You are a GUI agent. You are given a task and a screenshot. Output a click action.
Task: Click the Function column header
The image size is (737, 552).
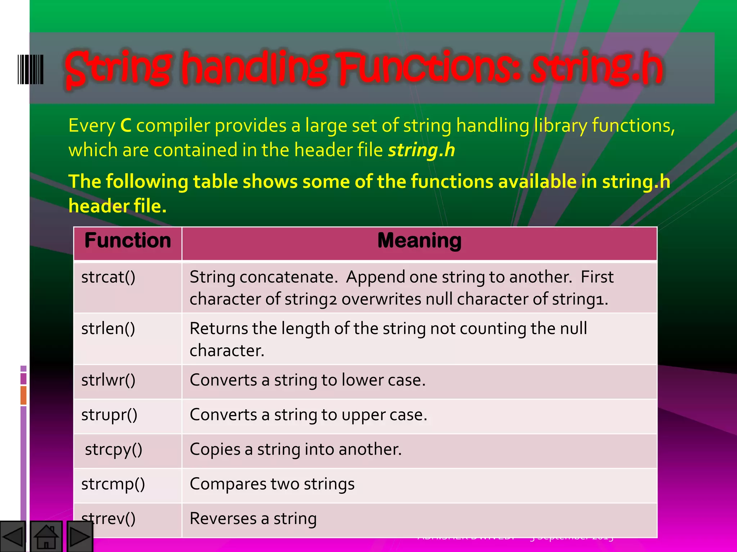[x=128, y=240]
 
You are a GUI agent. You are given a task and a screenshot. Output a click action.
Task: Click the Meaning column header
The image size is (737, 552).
[x=419, y=240]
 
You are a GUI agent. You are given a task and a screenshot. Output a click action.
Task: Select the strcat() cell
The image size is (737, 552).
[x=108, y=277]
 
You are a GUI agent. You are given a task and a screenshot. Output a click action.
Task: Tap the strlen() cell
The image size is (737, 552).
[x=108, y=328]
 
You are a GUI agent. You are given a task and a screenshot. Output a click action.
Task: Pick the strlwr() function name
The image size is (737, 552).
[x=108, y=380]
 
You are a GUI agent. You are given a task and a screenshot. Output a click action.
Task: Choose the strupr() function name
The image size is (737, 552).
[x=109, y=415]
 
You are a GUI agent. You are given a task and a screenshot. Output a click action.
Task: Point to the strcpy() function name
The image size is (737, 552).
[x=114, y=450]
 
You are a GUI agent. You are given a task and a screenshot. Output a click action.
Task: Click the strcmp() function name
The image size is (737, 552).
[x=113, y=484]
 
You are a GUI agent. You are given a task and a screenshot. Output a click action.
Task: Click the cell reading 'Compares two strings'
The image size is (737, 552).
[x=272, y=484]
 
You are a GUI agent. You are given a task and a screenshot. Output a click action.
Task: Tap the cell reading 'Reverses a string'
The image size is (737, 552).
[x=253, y=519]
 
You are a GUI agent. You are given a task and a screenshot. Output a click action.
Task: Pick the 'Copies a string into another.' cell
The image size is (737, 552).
[x=295, y=450]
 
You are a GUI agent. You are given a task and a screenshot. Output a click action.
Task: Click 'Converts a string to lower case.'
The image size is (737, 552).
[x=307, y=380]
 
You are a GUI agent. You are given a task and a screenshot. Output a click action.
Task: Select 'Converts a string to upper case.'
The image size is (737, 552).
[x=308, y=415]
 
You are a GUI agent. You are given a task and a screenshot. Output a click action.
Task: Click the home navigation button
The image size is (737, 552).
[x=46, y=537]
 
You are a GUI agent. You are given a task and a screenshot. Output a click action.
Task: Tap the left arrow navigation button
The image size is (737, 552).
[x=13, y=537]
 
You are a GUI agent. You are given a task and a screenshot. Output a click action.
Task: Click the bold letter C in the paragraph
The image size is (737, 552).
[x=126, y=126]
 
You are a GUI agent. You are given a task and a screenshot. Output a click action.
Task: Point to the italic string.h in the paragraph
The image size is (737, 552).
[x=421, y=150]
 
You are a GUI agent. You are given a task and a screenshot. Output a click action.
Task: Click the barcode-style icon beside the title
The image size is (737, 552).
[x=31, y=69]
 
